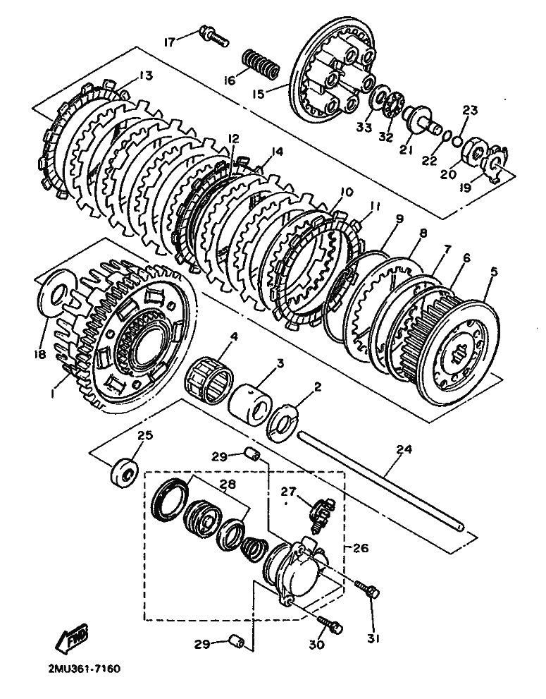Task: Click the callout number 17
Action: (169, 42)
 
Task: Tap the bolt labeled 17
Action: (215, 36)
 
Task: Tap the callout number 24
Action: (404, 449)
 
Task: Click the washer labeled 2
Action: (283, 423)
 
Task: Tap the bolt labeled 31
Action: (368, 590)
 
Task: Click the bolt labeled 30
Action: (330, 624)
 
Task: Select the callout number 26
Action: (361, 547)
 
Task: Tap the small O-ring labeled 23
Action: (456, 142)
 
